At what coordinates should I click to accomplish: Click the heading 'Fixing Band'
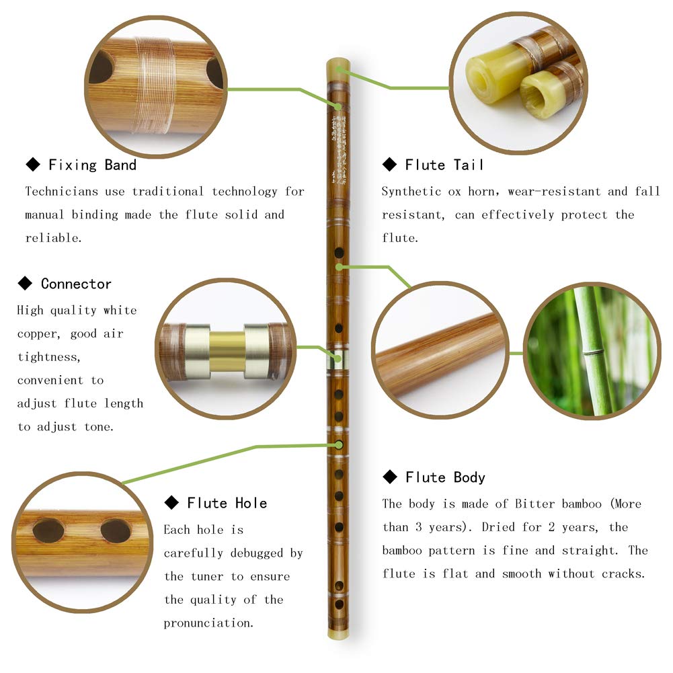click(92, 165)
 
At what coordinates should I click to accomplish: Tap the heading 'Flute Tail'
click(444, 165)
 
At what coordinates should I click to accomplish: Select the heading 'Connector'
click(76, 284)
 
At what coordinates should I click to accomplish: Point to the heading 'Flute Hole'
click(227, 503)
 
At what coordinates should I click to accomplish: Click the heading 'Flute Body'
click(445, 477)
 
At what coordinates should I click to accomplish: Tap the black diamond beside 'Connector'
click(25, 284)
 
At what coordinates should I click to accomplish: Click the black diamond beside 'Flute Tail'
click(389, 165)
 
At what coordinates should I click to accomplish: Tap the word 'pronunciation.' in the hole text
click(208, 623)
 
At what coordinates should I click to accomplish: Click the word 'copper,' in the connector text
click(42, 334)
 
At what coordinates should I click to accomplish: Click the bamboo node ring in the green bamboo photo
click(592, 352)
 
